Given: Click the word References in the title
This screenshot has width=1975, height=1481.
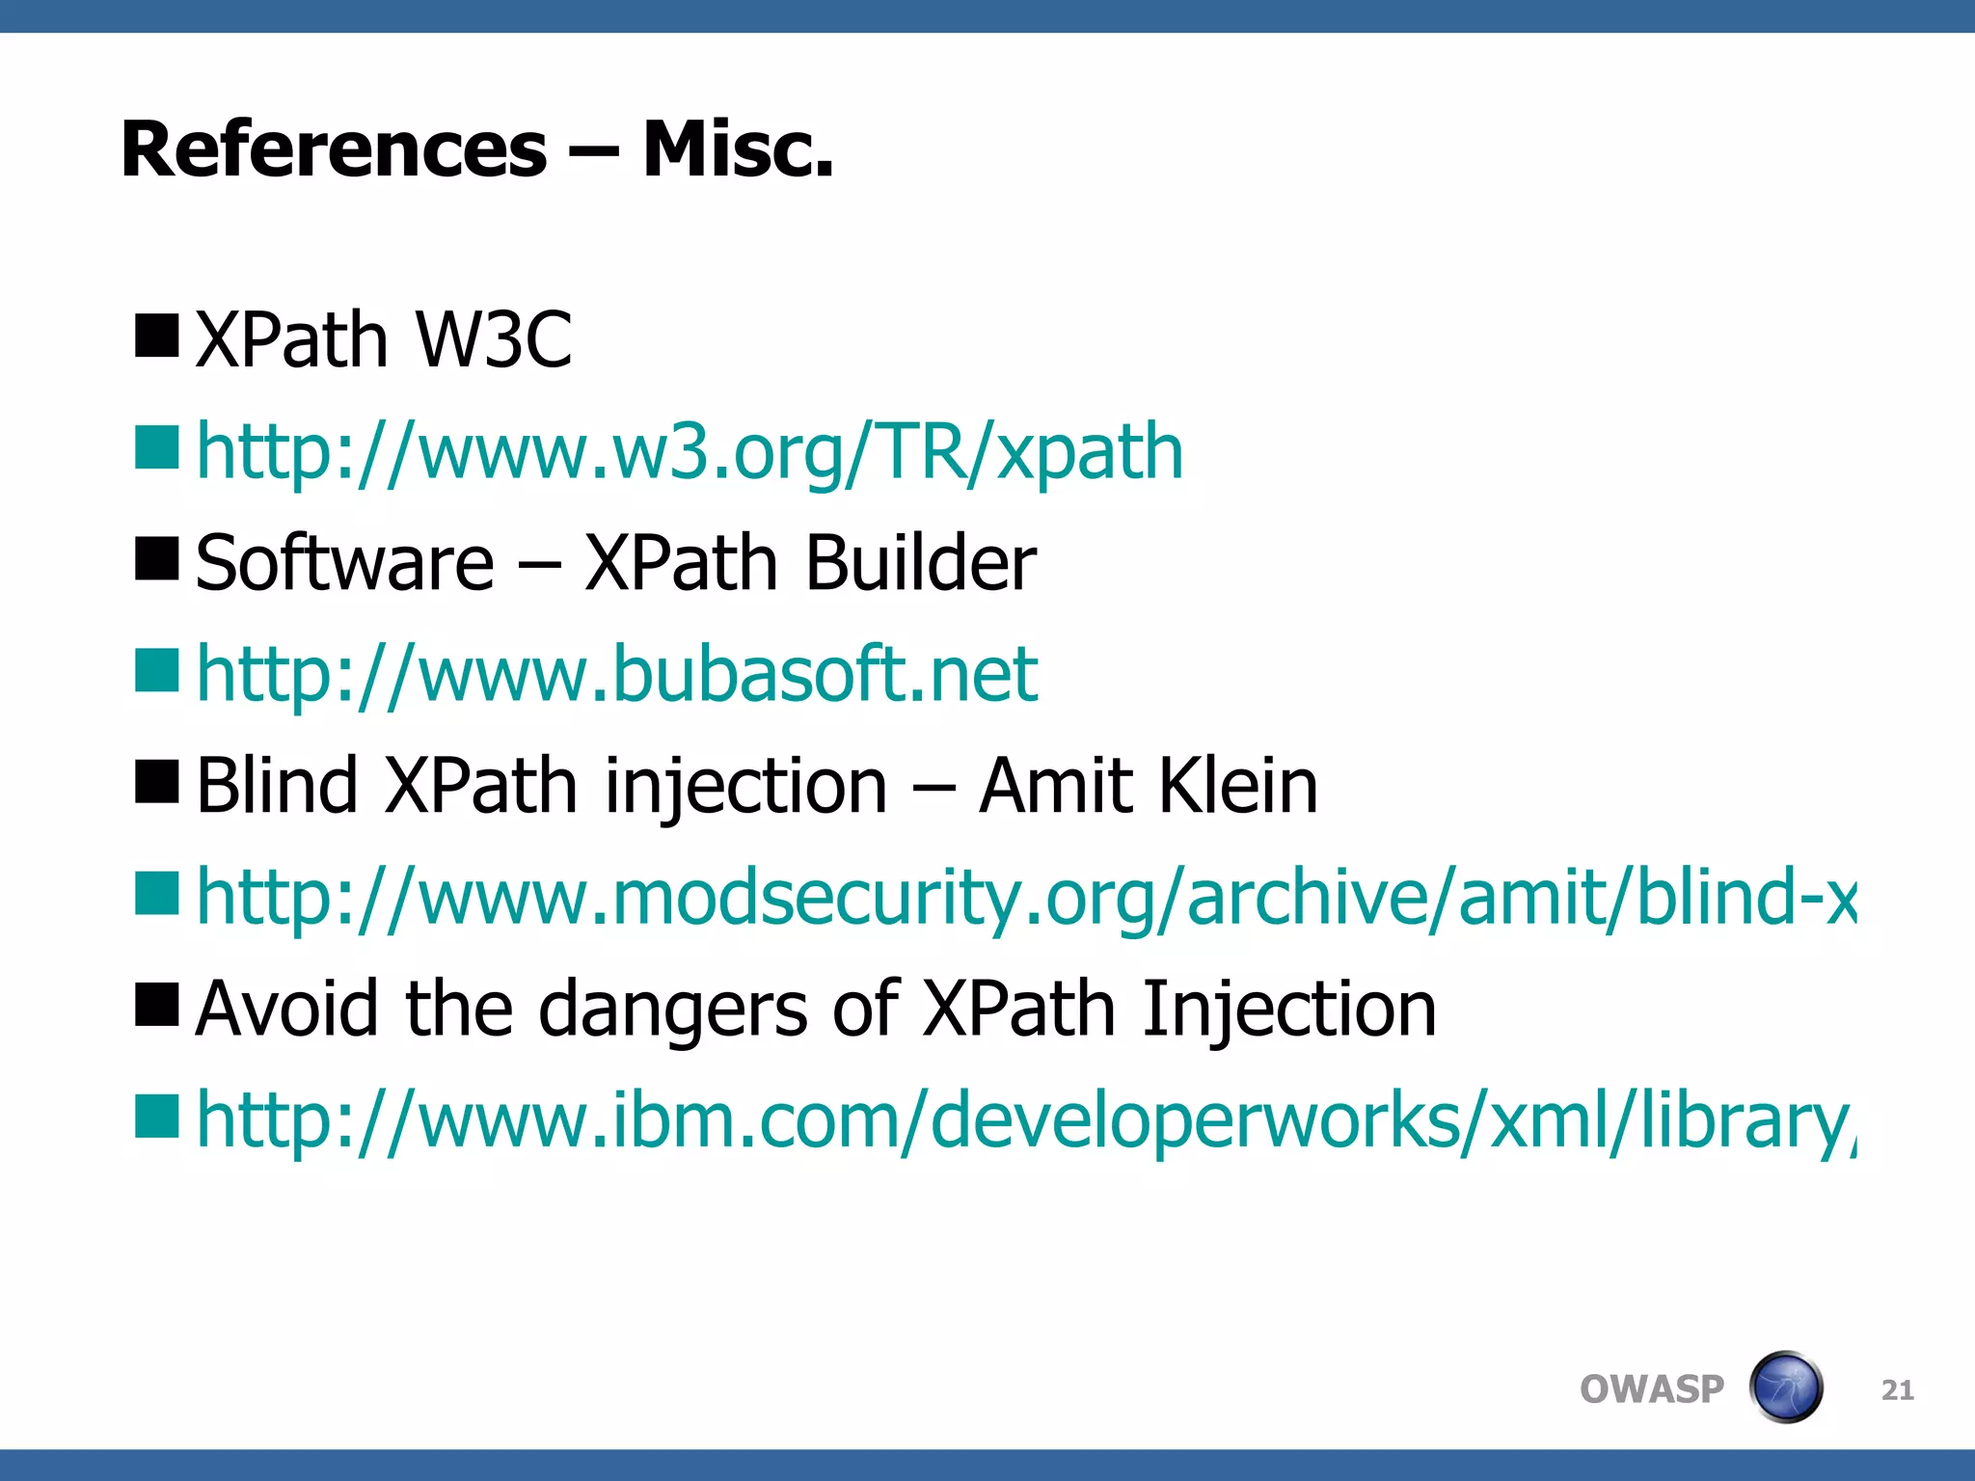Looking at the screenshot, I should [x=334, y=150].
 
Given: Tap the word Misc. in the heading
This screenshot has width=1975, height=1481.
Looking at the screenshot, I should [x=738, y=150].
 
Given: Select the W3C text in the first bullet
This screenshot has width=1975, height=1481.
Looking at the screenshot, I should [x=493, y=339].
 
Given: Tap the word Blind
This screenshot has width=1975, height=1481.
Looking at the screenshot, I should [x=277, y=785].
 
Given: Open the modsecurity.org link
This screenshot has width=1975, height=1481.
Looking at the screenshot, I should [x=1025, y=897].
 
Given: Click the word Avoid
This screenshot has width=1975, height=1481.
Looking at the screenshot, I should [x=286, y=1009].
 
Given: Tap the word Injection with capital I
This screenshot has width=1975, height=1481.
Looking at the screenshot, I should [x=1289, y=1009].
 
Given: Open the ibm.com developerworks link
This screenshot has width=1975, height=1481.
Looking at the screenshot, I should [x=1025, y=1120].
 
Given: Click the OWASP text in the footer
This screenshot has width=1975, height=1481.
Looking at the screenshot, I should [x=1651, y=1389].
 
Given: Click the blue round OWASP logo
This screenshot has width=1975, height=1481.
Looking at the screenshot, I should [x=1785, y=1387].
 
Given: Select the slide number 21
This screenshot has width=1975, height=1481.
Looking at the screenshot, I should [x=1897, y=1390].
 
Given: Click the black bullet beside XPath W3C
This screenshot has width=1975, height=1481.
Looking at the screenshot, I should [x=157, y=336].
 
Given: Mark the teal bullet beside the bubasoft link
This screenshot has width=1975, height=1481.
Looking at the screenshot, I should [x=157, y=670].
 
